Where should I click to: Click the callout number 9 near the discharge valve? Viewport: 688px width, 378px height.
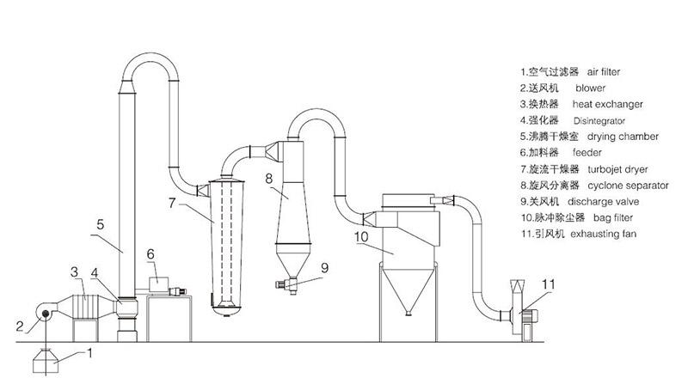[325, 267]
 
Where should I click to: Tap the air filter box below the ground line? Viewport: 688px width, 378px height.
[46, 363]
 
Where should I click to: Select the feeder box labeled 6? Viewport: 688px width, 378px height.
[160, 282]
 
